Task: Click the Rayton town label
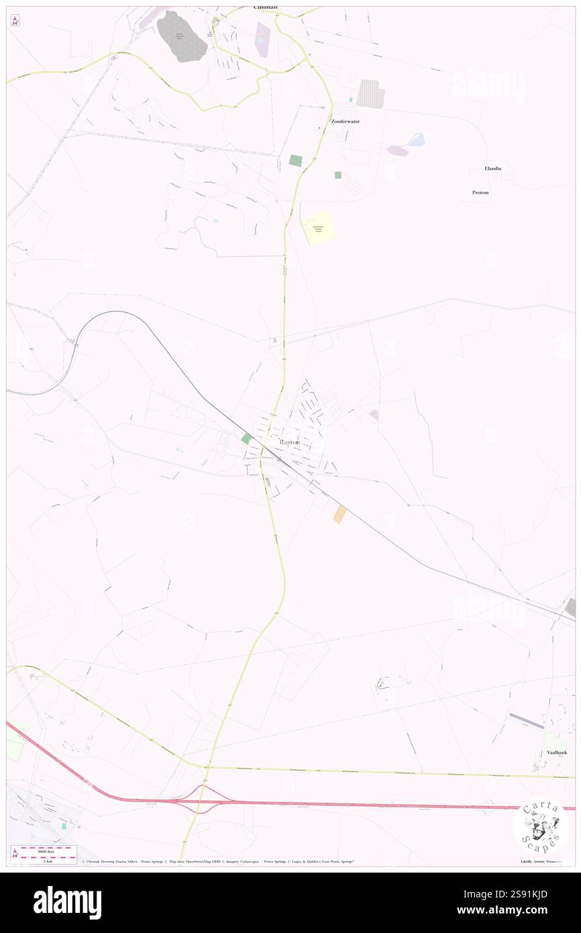click(x=290, y=444)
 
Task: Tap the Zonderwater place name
click(x=346, y=121)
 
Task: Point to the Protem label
click(x=480, y=193)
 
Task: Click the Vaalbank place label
click(x=556, y=752)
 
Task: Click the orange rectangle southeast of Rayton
click(x=340, y=514)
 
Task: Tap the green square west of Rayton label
click(x=246, y=438)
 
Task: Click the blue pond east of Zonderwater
click(x=416, y=140)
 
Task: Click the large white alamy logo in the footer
click(x=67, y=903)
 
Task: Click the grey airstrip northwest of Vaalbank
click(x=527, y=720)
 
